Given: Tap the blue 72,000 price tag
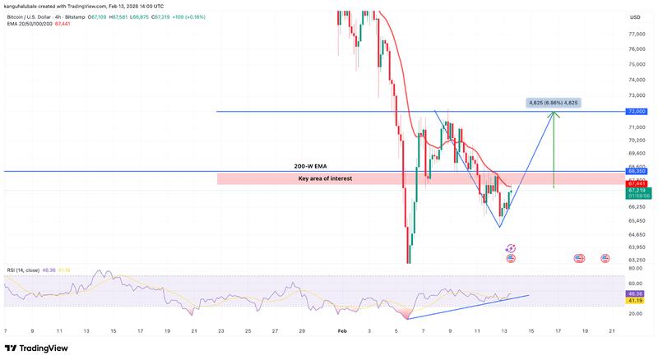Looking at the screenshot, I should click(634, 111).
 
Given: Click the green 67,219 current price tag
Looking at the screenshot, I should click(634, 190).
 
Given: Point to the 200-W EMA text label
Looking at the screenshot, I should click(308, 166).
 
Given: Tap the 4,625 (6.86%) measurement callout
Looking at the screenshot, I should click(554, 103).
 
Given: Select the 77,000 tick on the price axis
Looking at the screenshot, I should click(635, 35).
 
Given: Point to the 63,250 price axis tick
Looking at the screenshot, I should click(635, 260).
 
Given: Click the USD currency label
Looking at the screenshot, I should click(635, 17).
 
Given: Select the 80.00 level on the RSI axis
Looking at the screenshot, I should click(634, 269).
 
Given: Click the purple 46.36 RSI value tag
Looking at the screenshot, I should click(634, 293).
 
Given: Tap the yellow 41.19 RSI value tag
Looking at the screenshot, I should click(634, 300).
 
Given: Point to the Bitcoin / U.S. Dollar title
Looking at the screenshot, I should click(41, 16).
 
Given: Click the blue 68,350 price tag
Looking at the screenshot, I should click(634, 171).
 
